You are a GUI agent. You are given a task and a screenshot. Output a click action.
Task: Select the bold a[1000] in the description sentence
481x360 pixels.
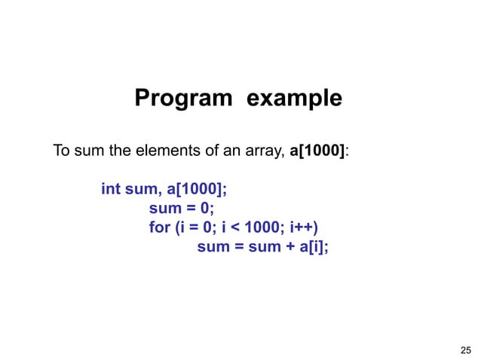[317, 151]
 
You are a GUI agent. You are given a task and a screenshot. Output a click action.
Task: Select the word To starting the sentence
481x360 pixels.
[61, 151]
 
